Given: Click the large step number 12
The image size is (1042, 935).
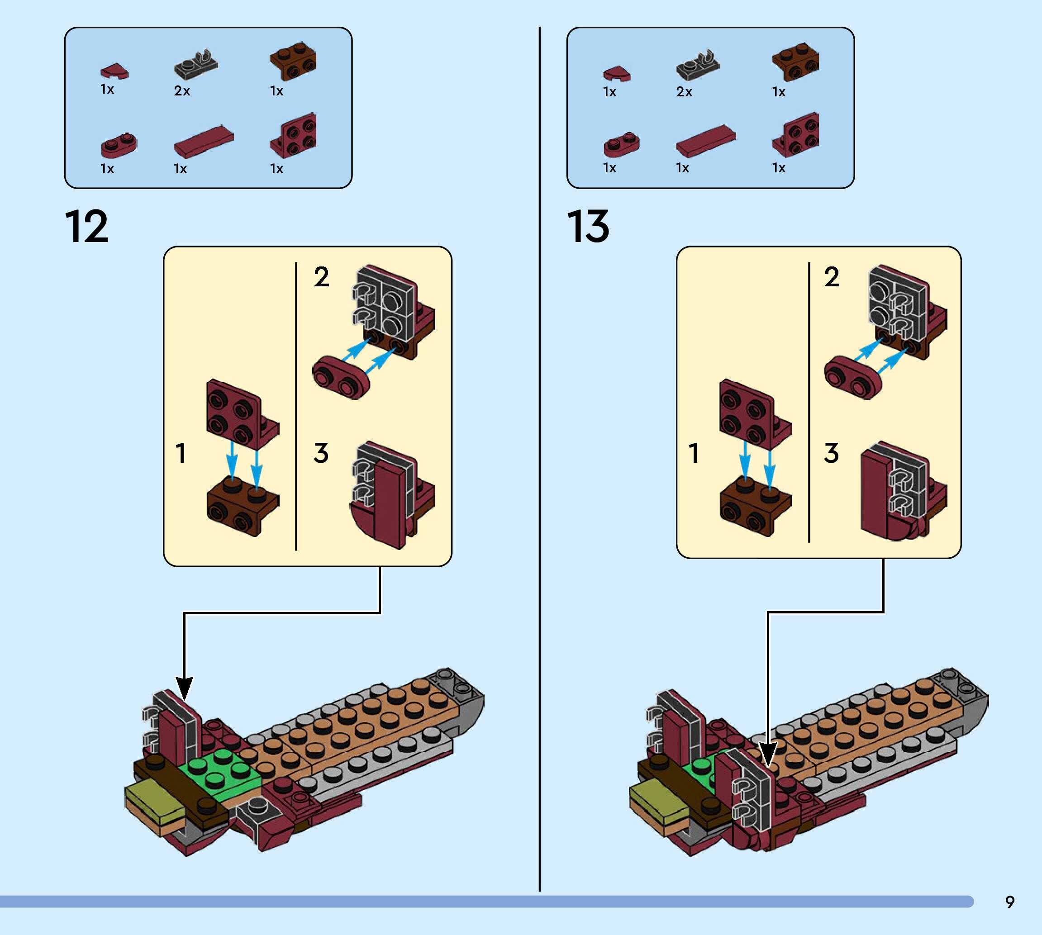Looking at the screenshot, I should (86, 227).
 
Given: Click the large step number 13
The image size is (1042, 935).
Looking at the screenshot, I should (588, 227).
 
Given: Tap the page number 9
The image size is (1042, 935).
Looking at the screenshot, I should (1009, 902).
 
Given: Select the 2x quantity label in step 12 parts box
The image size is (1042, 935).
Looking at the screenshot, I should (182, 91).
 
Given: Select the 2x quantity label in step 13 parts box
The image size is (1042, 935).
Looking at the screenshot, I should (684, 92).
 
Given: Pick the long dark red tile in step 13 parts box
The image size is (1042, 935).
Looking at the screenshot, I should (705, 140).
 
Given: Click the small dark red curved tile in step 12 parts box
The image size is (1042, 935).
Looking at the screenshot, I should (114, 71).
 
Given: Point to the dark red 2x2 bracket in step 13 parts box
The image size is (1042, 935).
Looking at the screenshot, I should (795, 135).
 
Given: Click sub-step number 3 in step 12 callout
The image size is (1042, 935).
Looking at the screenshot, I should (321, 453).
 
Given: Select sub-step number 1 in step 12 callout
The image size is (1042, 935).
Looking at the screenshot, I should (181, 453).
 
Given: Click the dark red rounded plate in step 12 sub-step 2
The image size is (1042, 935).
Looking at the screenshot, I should (341, 376).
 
